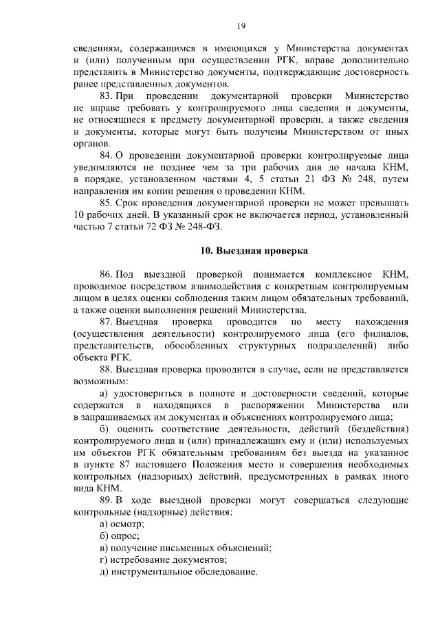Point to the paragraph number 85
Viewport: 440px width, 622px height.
[106, 203]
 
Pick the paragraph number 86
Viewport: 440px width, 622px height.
[106, 274]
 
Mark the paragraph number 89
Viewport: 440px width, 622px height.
[106, 500]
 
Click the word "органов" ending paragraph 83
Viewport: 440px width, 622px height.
[89, 144]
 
